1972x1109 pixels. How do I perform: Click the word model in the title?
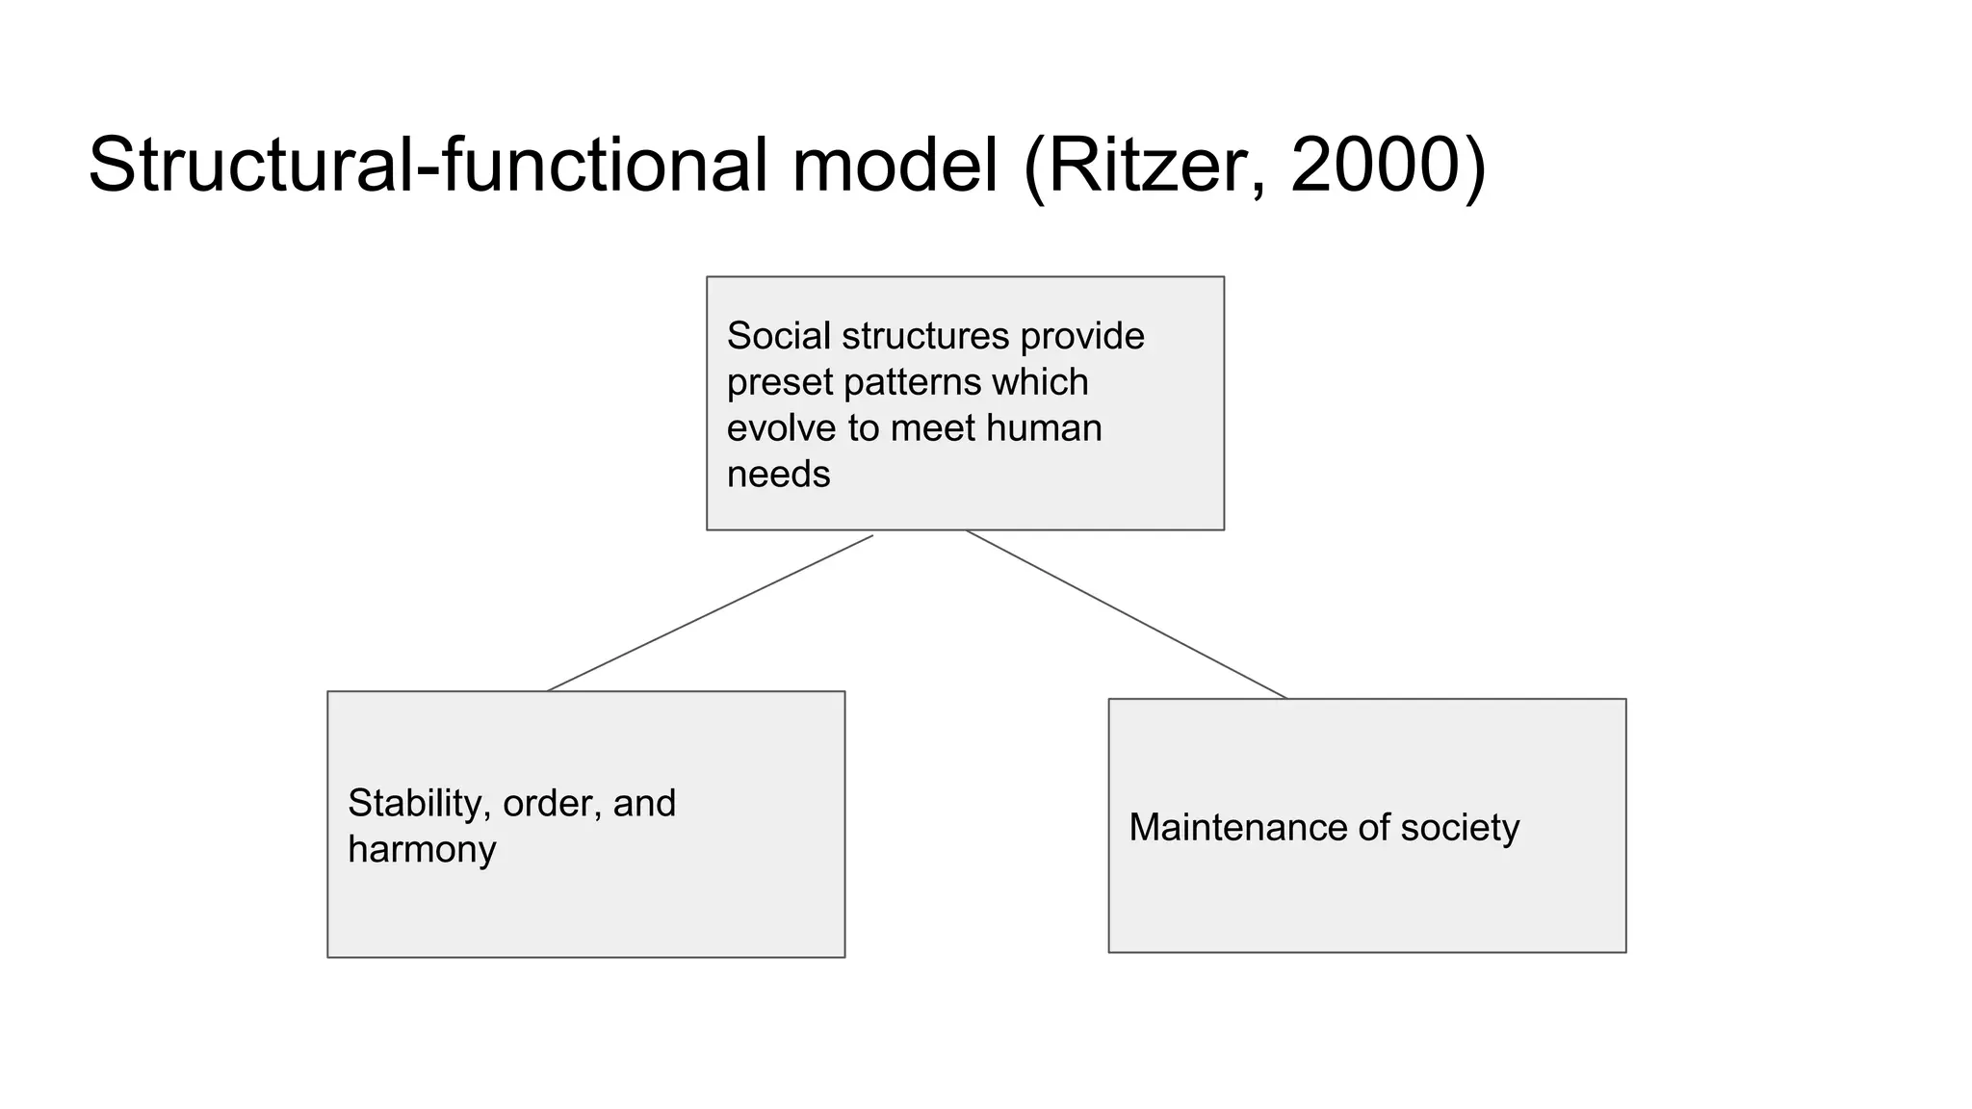click(895, 166)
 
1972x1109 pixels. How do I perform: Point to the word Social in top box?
click(778, 336)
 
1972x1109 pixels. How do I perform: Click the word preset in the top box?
click(779, 383)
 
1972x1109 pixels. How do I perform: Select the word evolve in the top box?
click(781, 428)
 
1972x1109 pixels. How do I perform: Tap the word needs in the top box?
click(778, 475)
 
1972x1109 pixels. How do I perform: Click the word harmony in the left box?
click(422, 850)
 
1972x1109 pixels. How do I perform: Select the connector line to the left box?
click(710, 613)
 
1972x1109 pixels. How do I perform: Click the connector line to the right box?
click(1127, 614)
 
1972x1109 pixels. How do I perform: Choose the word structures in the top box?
click(925, 336)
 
